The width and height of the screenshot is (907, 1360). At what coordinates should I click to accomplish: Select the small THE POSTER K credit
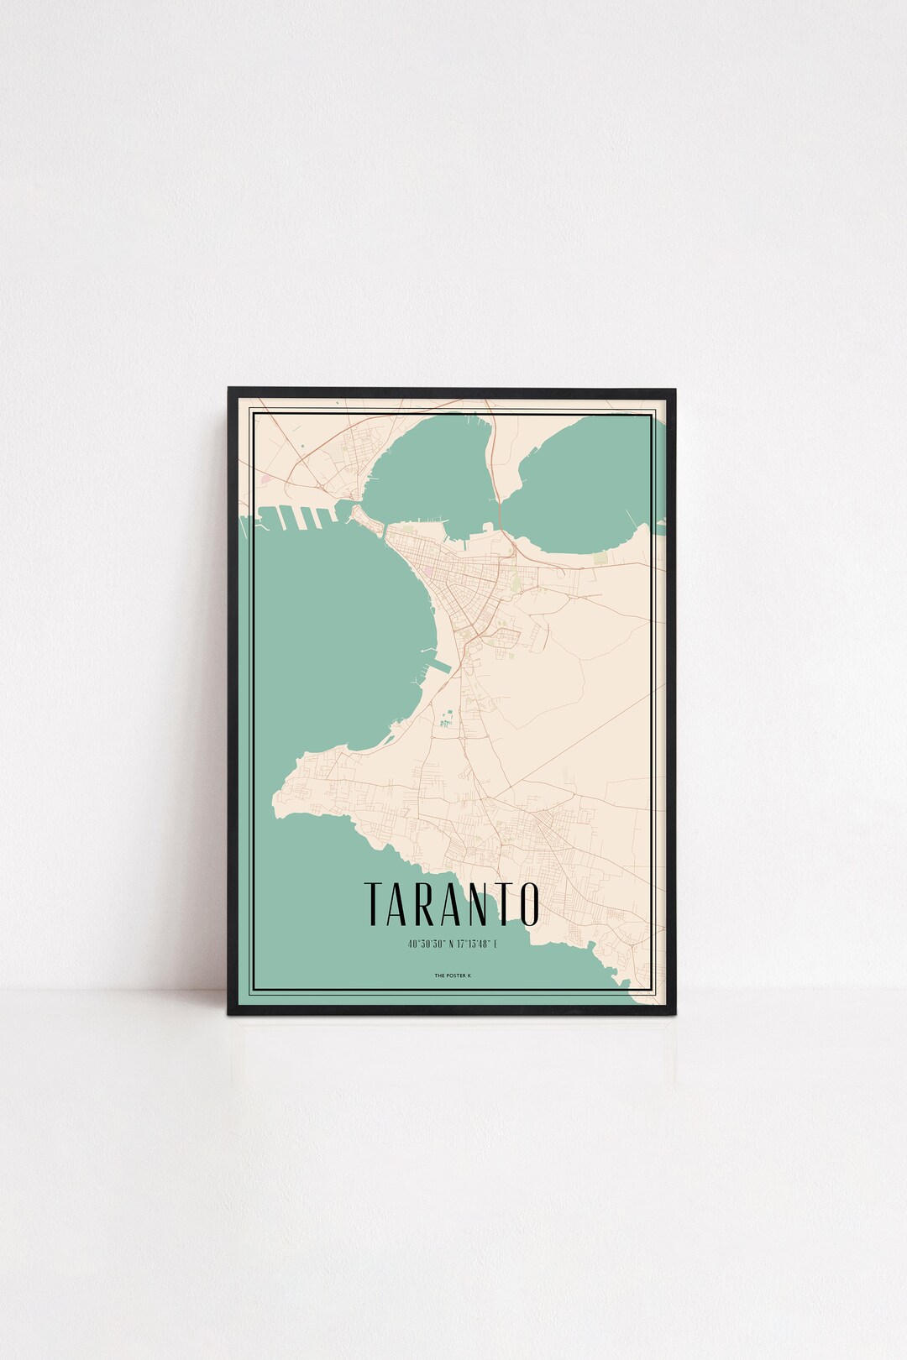(452, 976)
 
